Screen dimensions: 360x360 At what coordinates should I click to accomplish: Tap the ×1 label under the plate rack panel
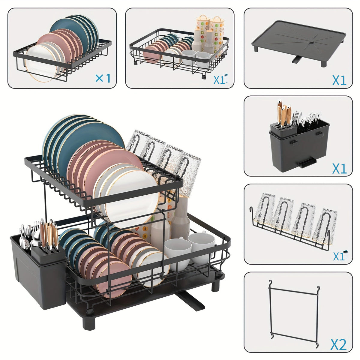pyautogui.click(x=103, y=78)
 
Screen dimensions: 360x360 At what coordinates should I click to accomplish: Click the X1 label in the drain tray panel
pyautogui.click(x=339, y=80)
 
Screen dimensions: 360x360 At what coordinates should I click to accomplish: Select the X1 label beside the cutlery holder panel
pyautogui.click(x=339, y=169)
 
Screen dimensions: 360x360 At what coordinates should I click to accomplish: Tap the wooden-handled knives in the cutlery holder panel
pyautogui.click(x=284, y=112)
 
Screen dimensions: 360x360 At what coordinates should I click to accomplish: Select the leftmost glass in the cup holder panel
pyautogui.click(x=265, y=209)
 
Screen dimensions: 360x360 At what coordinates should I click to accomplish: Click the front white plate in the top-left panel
pyautogui.click(x=40, y=63)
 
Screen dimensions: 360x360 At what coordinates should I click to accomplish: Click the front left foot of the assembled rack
pyautogui.click(x=89, y=323)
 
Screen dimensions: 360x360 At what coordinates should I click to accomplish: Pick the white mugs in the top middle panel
pyautogui.click(x=196, y=57)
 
